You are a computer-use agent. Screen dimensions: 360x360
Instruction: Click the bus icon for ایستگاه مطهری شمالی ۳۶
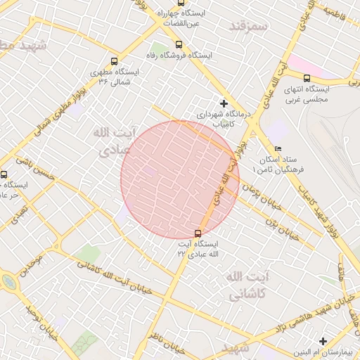115,61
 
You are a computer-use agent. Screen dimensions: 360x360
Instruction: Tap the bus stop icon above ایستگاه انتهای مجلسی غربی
307,78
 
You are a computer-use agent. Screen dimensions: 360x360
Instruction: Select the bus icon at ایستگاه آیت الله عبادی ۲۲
198,233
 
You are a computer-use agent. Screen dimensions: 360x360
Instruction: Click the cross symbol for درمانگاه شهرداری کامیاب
224,103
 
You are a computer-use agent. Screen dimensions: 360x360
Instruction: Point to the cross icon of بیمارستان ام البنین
323,341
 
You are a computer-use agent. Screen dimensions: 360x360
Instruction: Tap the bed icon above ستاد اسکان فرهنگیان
277,148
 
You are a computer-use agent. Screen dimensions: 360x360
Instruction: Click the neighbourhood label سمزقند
249,26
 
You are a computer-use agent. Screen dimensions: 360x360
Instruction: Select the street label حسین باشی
32,169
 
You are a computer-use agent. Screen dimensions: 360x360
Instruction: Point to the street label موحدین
32,267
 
